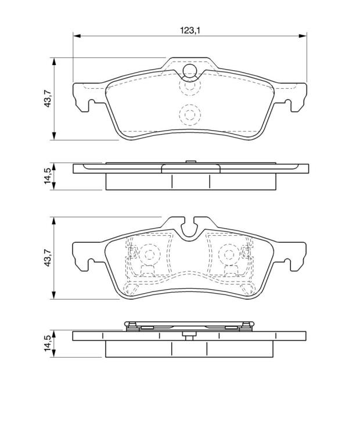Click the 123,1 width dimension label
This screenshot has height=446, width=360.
(x=190, y=30)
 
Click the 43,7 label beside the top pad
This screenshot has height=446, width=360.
(x=47, y=98)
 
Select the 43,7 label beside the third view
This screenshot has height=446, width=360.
(x=47, y=257)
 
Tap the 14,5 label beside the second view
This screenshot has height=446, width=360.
(x=48, y=176)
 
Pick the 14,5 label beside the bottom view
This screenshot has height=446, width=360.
(x=48, y=343)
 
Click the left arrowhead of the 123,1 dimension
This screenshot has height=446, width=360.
(x=77, y=36)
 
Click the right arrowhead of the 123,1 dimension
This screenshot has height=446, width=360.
(x=303, y=36)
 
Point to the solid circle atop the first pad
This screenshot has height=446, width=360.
(x=190, y=70)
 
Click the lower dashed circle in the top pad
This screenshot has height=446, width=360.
(x=190, y=114)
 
